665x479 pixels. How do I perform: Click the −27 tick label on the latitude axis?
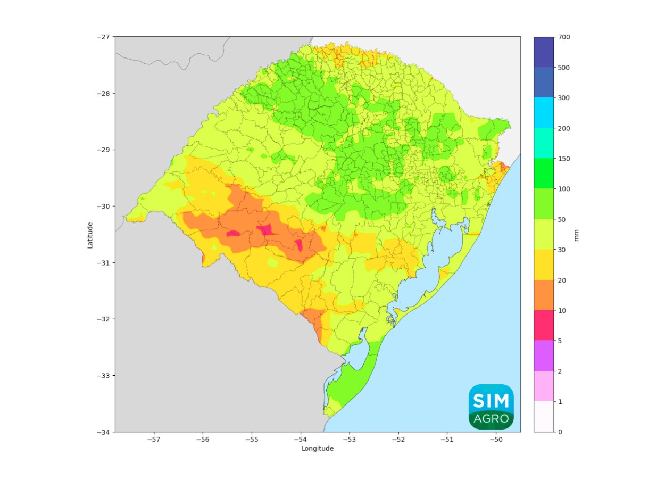coord(103,37)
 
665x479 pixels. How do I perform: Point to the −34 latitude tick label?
coord(103,432)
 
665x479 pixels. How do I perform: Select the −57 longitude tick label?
coord(154,440)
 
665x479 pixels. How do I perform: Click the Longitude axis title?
coord(318,449)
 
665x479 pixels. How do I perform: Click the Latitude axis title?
coord(90,235)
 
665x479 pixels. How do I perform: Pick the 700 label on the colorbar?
coord(564,37)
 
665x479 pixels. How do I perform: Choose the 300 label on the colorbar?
coord(564,98)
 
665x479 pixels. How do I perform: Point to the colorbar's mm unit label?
coord(577,235)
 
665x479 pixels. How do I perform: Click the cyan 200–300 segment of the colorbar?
coord(544,113)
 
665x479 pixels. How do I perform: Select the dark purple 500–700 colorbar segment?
coord(544,52)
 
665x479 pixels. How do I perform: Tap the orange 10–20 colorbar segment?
coord(544,295)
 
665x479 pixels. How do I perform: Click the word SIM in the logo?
coord(491,400)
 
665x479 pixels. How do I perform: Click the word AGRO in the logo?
coord(491,419)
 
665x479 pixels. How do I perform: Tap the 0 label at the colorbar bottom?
coord(560,432)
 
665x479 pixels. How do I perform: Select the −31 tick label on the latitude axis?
coord(103,262)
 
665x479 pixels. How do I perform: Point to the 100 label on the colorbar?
coord(564,189)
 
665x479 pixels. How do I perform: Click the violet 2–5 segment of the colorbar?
coord(544,356)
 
